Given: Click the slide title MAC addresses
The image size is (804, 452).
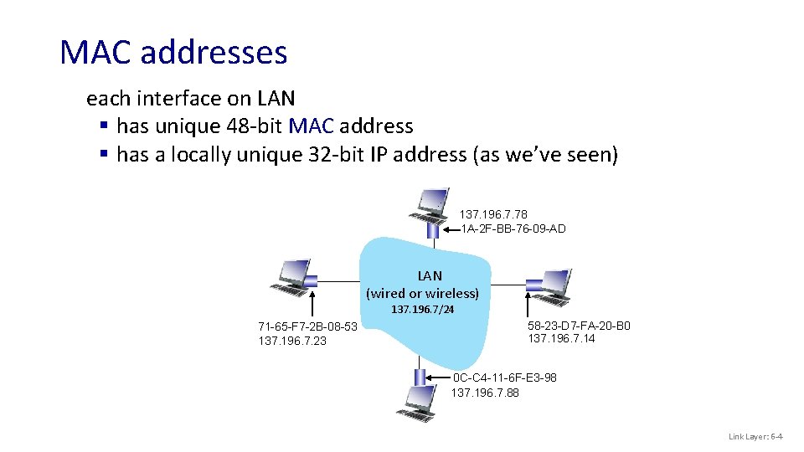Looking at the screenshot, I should coord(173,52).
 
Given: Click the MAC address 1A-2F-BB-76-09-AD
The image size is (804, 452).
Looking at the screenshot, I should coord(513,229).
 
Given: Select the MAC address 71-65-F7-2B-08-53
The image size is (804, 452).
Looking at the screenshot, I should coord(307,326).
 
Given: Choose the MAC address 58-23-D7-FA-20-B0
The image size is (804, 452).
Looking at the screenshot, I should coord(579,326).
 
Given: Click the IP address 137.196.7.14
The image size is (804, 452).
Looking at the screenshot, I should coord(561,338).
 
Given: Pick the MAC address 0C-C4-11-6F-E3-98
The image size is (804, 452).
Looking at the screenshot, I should coord(504,378).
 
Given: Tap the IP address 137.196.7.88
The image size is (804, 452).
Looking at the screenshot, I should coord(485,392).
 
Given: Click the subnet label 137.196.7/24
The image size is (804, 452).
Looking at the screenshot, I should coord(423,310).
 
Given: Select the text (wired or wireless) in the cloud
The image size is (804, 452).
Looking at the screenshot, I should coord(423,293).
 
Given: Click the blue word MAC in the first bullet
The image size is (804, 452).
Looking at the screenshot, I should coord(311,126).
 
